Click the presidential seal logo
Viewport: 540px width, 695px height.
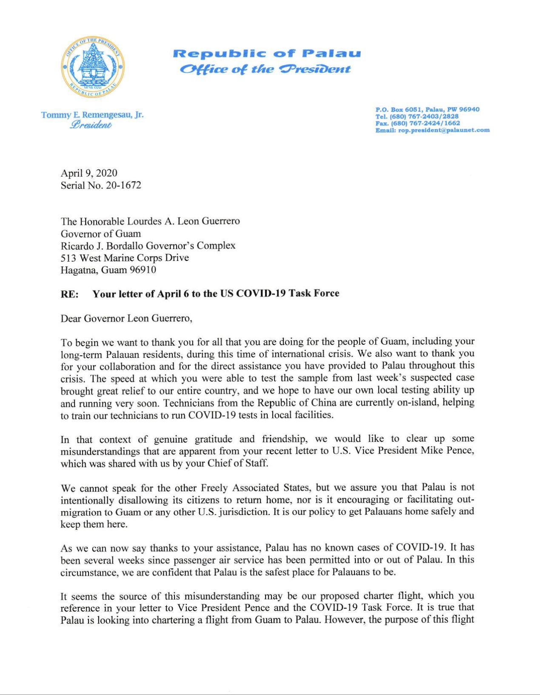point(92,67)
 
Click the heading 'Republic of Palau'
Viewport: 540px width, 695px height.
point(267,54)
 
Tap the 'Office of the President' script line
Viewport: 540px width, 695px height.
point(265,69)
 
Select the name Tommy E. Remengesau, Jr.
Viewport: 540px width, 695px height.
point(92,115)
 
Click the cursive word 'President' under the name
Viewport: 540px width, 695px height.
point(91,125)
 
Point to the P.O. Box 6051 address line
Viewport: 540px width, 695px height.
point(427,109)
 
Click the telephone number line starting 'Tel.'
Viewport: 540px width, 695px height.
point(417,116)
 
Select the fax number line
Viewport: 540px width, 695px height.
point(417,123)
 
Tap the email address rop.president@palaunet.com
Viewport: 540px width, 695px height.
point(444,130)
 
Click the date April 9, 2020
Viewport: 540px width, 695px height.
point(89,173)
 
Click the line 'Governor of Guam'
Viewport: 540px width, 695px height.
point(101,234)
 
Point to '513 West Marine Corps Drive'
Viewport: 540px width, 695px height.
point(125,258)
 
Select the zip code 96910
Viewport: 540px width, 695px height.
point(143,270)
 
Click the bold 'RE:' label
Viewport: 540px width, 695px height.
point(69,294)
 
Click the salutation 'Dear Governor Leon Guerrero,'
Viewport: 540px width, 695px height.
point(126,319)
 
